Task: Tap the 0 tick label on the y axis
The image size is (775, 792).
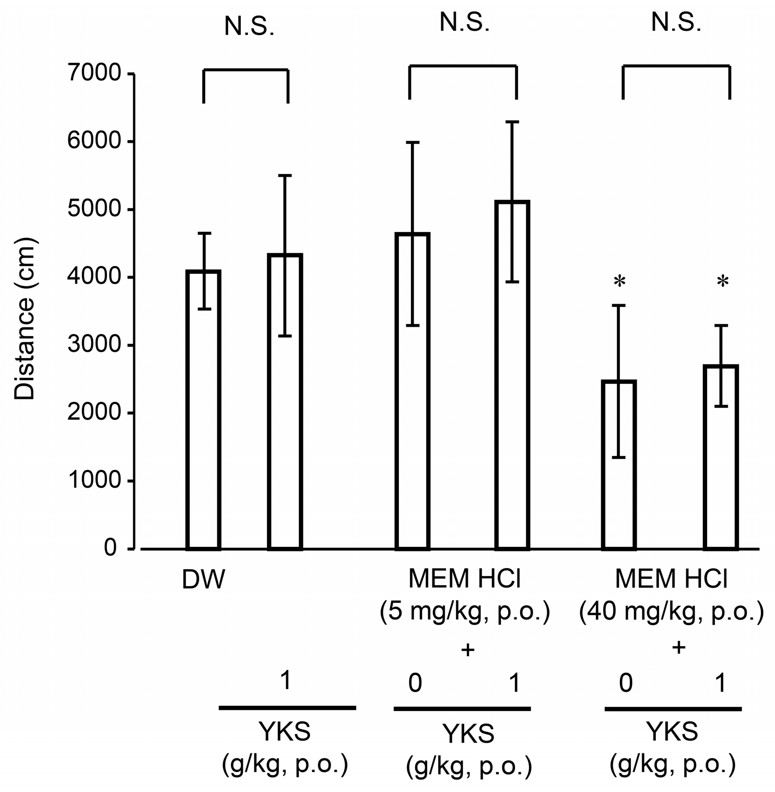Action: coord(110,548)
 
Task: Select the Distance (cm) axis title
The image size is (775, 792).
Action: coord(24,319)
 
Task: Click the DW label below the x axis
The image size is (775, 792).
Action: coord(203,580)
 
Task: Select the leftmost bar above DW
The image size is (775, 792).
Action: coord(203,410)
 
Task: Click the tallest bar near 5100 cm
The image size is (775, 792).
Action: coord(512,375)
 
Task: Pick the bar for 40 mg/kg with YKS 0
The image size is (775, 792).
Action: coord(619,465)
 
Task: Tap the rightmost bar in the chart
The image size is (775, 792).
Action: coord(721,457)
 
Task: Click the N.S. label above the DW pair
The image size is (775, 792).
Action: coord(249,27)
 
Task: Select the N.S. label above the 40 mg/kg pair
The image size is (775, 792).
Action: coord(676,24)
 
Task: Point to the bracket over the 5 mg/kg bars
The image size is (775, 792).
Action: coord(463,66)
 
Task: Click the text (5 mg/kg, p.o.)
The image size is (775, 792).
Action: coord(465,612)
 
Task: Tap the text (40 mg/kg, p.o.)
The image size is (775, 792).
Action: coord(672,612)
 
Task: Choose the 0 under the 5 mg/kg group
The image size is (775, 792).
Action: coord(415,683)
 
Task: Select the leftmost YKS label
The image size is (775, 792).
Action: coord(285,732)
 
